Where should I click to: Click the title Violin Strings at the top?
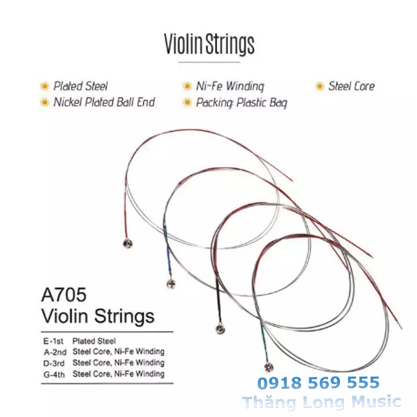pyautogui.click(x=209, y=44)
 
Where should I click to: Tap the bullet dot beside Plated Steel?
pyautogui.click(x=44, y=87)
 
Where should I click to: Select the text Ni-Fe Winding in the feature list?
pyautogui.click(x=230, y=87)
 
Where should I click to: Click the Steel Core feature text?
pyautogui.click(x=351, y=86)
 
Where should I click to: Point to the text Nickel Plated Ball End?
pyautogui.click(x=104, y=103)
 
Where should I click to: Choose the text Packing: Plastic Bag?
pyautogui.click(x=242, y=103)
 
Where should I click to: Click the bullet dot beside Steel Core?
pyautogui.click(x=319, y=87)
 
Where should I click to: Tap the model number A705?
pyautogui.click(x=64, y=295)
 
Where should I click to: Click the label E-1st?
pyautogui.click(x=53, y=341)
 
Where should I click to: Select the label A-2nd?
pyautogui.click(x=54, y=352)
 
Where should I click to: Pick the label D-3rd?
pyautogui.click(x=54, y=363)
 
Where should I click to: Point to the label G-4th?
pyautogui.click(x=54, y=374)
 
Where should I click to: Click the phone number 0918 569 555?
pyautogui.click(x=319, y=383)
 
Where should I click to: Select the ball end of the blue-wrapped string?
pyautogui.click(x=170, y=284)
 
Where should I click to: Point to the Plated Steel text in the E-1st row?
pyautogui.click(x=94, y=341)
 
